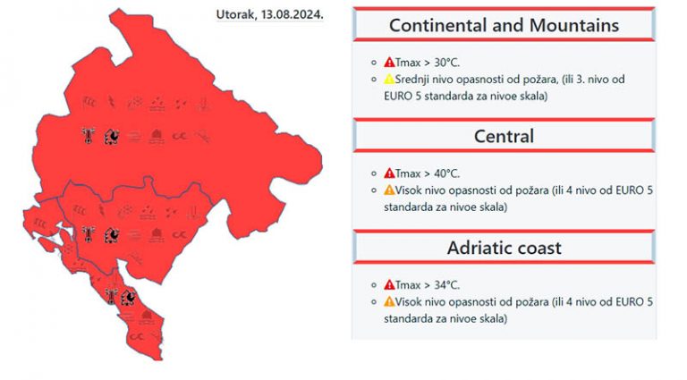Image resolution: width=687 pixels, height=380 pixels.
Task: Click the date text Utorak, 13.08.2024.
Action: pyautogui.click(x=270, y=14)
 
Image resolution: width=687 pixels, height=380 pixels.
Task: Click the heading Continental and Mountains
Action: pyautogui.click(x=504, y=25)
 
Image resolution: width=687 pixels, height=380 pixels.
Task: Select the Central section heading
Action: pyautogui.click(x=504, y=137)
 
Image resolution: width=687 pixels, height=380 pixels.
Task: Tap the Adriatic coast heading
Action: pyautogui.click(x=504, y=249)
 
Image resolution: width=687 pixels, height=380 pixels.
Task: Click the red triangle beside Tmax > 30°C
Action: pyautogui.click(x=389, y=63)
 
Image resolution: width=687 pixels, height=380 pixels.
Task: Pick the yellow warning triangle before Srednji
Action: pyautogui.click(x=389, y=80)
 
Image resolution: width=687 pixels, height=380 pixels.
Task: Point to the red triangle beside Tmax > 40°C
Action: pyautogui.click(x=389, y=173)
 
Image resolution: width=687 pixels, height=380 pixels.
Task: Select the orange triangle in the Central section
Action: pyautogui.click(x=389, y=190)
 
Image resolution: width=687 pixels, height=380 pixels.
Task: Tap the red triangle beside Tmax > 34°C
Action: pyautogui.click(x=389, y=285)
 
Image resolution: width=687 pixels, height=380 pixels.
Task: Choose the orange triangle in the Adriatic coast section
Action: pyautogui.click(x=389, y=302)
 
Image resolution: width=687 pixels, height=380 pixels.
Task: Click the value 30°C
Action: pyautogui.click(x=446, y=63)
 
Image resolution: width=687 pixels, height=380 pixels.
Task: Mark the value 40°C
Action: pyautogui.click(x=446, y=174)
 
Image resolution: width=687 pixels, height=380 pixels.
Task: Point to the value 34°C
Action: pyautogui.click(x=446, y=285)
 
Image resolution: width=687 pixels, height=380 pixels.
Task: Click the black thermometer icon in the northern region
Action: pyautogui.click(x=89, y=136)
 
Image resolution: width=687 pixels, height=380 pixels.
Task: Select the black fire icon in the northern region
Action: pyautogui.click(x=112, y=137)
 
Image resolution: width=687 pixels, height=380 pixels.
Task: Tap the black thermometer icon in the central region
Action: pyautogui.click(x=89, y=234)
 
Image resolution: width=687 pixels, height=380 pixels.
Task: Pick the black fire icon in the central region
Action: pyautogui.click(x=112, y=235)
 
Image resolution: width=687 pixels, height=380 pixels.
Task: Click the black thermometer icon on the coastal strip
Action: pyautogui.click(x=111, y=296)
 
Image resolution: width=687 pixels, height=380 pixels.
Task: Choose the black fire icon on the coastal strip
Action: pyautogui.click(x=128, y=298)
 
